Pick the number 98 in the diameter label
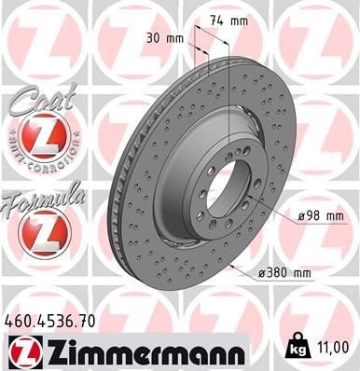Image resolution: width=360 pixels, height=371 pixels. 316,216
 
